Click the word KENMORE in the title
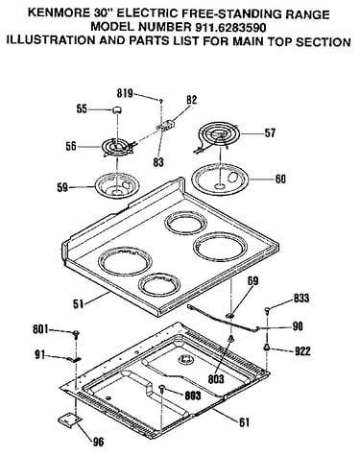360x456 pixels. [59, 13]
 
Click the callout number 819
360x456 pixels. [125, 93]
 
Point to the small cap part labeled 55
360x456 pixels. [117, 110]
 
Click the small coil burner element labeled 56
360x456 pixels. [118, 148]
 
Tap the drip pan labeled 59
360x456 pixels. [117, 186]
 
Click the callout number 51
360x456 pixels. [79, 303]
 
